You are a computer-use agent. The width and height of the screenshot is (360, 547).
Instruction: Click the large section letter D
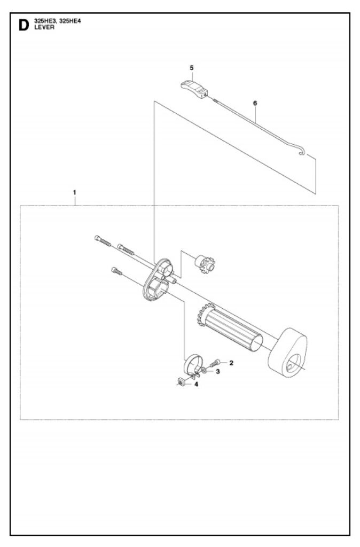[24, 25]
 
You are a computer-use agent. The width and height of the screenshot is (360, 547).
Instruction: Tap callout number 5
[192, 68]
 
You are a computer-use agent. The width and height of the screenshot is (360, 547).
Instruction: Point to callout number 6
[255, 103]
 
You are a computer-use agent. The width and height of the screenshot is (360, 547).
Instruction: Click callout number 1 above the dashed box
[74, 192]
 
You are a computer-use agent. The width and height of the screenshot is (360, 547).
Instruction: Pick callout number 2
[231, 363]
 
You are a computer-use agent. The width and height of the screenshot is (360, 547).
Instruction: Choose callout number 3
[218, 372]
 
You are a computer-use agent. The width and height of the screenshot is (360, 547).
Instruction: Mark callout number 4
[196, 385]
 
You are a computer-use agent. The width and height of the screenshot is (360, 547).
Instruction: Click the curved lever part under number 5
[194, 89]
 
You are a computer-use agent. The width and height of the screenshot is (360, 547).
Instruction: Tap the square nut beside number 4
[181, 382]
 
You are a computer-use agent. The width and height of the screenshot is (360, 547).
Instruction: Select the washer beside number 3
[204, 371]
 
